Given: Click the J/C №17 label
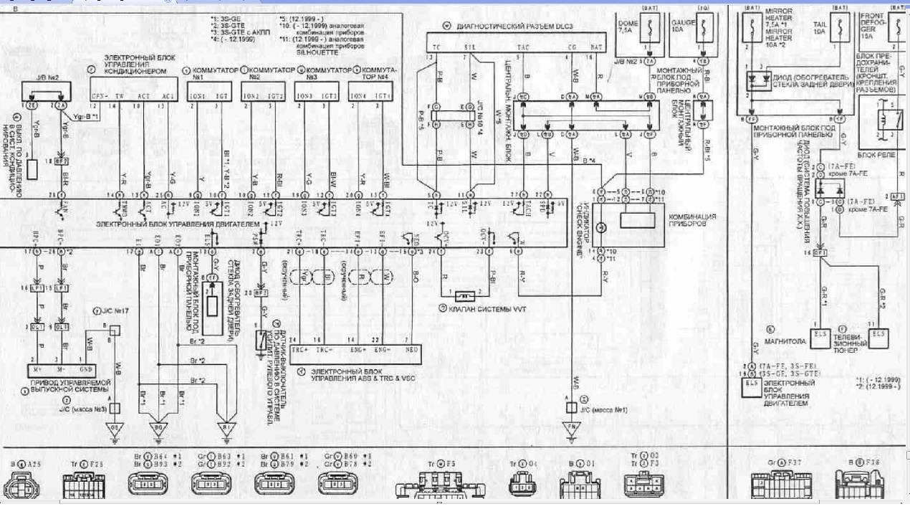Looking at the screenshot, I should (116, 310).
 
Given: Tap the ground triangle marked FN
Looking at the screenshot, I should (572, 427).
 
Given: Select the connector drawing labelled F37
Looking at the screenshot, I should (773, 486).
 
